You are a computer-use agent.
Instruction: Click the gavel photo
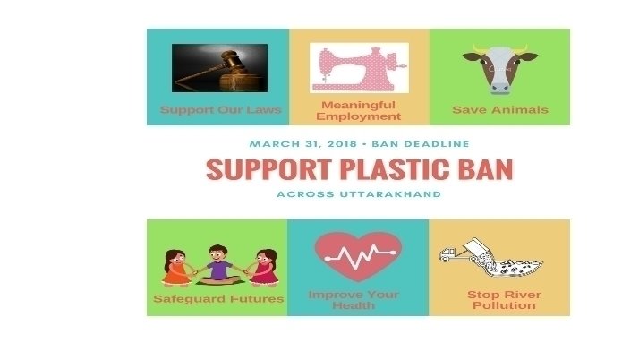219,68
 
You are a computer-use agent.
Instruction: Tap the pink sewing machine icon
359,68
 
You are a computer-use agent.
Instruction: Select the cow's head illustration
500,69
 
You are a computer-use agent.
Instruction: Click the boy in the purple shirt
218,265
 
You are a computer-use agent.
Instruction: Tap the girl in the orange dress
177,268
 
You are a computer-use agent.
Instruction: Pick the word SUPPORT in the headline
268,169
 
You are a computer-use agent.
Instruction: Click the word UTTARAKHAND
390,194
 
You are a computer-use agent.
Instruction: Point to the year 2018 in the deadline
342,144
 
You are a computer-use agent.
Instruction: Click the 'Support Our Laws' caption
220,109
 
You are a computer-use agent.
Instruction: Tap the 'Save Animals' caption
500,109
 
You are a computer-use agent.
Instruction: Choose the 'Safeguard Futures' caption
218,299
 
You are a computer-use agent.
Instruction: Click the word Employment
358,116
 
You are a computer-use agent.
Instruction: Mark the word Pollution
504,305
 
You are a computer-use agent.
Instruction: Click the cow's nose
500,87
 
